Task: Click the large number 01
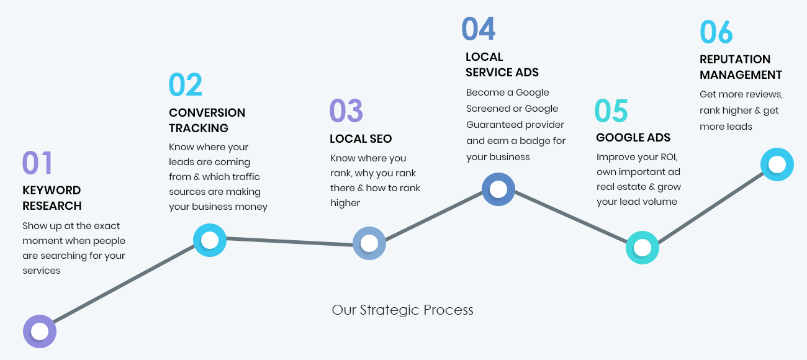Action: coord(37,163)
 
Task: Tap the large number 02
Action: coord(186,84)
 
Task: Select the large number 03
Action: coord(346,110)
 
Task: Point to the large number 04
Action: coord(479,29)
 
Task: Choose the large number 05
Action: coord(611,110)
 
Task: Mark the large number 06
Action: coord(716,32)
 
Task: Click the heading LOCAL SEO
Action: coord(361,139)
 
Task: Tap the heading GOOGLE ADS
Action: coord(633,137)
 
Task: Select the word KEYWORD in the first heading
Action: coord(52,191)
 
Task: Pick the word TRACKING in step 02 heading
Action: coord(199,128)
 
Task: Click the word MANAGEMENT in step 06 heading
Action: coord(741,74)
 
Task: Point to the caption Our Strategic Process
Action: coord(402,310)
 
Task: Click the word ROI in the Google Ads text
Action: coord(669,157)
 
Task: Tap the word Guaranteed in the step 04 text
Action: coord(490,125)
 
